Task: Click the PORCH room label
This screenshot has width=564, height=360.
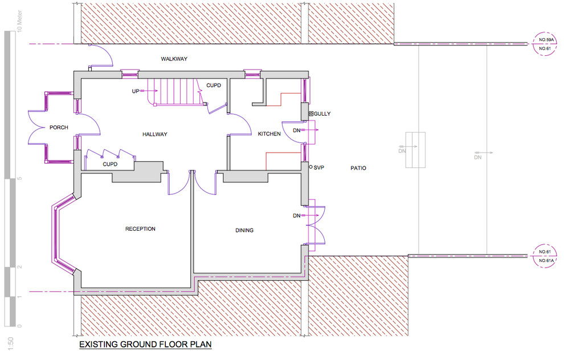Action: [59, 128]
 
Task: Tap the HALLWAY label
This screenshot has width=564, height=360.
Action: [154, 134]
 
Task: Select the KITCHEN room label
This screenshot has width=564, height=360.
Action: [269, 134]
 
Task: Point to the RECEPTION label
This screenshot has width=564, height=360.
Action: [140, 229]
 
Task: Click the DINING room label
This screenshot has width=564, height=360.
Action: [244, 230]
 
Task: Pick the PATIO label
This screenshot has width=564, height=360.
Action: [358, 168]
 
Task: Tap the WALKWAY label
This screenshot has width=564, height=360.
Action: [174, 59]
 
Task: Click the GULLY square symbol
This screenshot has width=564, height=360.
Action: [311, 114]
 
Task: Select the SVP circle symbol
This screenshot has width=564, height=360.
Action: [311, 167]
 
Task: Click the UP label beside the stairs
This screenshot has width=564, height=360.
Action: [135, 91]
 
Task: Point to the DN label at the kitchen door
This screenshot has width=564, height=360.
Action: [296, 130]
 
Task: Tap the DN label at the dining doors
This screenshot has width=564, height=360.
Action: [296, 215]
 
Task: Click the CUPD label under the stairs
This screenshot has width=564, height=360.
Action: [214, 85]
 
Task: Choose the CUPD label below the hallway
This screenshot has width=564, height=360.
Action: [110, 164]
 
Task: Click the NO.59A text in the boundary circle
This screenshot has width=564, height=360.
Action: [546, 39]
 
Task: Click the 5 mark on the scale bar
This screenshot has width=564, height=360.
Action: [20, 178]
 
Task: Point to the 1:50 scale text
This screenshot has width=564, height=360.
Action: [10, 344]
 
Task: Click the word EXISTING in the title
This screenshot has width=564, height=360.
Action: [99, 344]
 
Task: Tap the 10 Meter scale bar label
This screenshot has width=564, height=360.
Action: [19, 21]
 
